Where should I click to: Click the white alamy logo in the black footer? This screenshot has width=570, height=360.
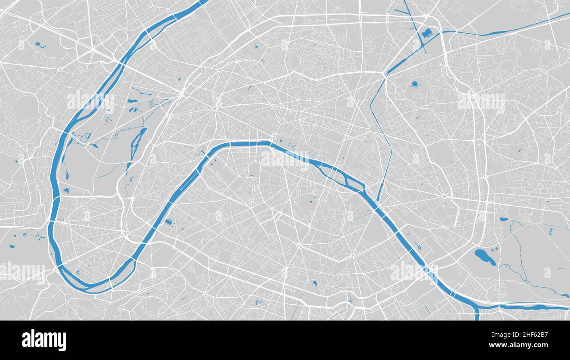44,340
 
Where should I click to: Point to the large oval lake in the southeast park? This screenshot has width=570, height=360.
484,257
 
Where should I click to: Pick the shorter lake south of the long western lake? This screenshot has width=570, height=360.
128,167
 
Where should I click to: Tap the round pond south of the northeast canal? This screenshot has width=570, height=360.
414,84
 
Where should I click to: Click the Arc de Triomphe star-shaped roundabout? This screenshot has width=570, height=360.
215,108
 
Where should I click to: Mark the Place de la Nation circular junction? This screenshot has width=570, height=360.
444,196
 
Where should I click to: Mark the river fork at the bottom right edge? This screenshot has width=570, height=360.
477,307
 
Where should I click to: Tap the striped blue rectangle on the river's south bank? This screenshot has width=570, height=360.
169,223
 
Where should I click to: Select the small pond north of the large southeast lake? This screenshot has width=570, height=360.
503,219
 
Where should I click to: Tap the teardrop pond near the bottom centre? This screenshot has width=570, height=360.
315,283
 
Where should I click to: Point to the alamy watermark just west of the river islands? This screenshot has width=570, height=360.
285,158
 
